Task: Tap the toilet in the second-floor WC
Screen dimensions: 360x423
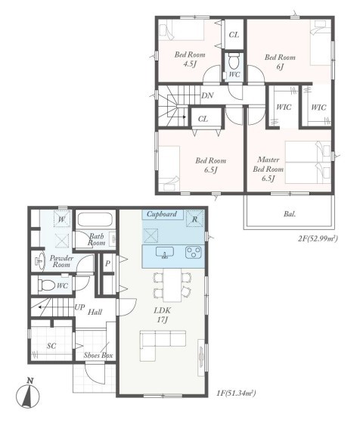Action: click(234, 61)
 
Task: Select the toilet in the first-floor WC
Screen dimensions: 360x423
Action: click(46, 285)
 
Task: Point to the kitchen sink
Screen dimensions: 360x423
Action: click(165, 253)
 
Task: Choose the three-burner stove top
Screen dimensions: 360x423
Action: click(194, 253)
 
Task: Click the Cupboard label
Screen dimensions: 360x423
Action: click(162, 214)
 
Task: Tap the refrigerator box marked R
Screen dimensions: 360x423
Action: click(194, 219)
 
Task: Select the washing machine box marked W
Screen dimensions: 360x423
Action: click(62, 219)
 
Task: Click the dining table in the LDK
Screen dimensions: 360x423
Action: click(172, 285)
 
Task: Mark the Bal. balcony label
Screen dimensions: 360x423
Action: click(290, 214)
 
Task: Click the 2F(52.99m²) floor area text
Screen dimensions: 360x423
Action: click(318, 238)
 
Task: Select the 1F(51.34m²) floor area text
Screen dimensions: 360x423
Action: click(236, 393)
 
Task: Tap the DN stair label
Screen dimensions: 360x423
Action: click(207, 95)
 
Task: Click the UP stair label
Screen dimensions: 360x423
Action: click(79, 307)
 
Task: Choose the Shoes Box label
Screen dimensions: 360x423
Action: click(98, 356)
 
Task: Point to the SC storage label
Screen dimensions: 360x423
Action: click(51, 346)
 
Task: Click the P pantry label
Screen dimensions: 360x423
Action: click(107, 263)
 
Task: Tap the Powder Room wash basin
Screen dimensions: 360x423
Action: click(40, 261)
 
